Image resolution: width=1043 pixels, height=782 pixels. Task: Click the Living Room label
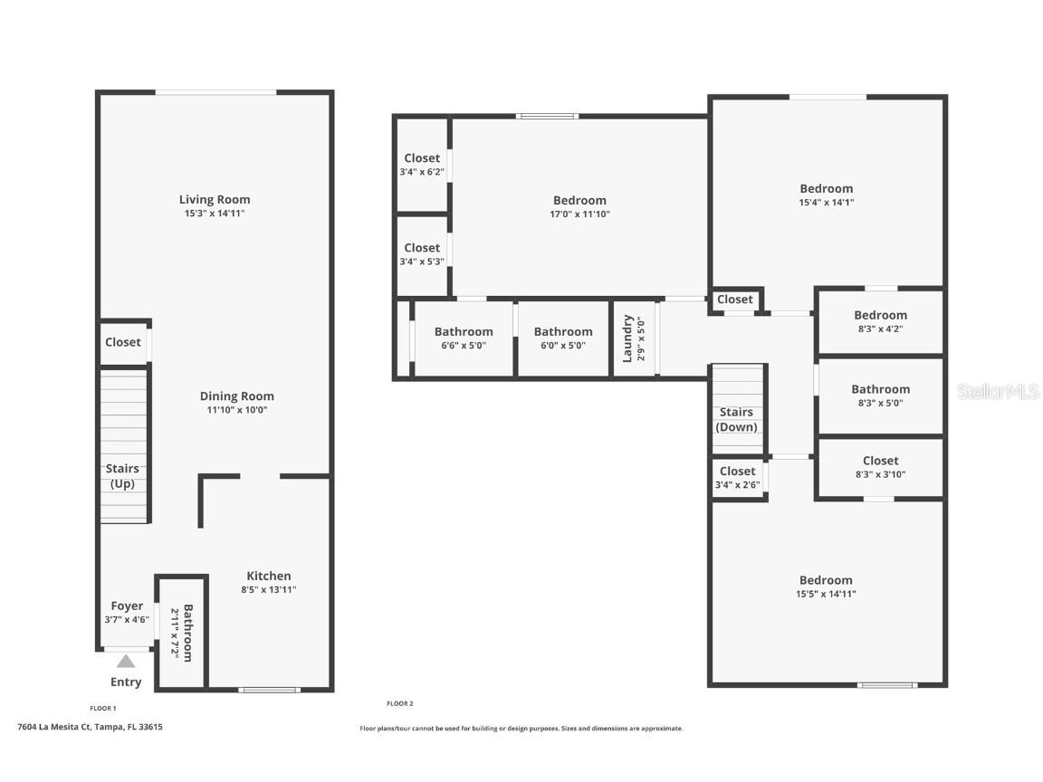pyautogui.click(x=215, y=199)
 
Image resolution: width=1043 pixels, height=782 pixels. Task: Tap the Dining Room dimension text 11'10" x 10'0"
pyautogui.click(x=237, y=410)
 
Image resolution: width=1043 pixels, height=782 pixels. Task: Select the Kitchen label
pyautogui.click(x=269, y=576)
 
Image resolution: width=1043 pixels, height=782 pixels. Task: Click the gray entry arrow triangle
pyautogui.click(x=126, y=661)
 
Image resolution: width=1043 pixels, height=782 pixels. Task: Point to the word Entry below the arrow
pyautogui.click(x=126, y=682)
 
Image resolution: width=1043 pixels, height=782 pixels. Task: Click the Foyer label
pyautogui.click(x=127, y=606)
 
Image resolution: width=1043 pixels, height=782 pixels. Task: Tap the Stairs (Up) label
pyautogui.click(x=122, y=476)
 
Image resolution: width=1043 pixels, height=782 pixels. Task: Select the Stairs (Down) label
pyautogui.click(x=736, y=420)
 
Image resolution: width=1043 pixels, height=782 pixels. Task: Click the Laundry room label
pyautogui.click(x=627, y=339)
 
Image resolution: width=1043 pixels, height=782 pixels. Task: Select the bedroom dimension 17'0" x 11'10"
pyautogui.click(x=579, y=215)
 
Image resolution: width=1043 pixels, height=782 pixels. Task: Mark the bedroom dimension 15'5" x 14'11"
pyautogui.click(x=826, y=595)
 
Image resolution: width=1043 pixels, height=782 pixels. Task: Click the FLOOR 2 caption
pyautogui.click(x=400, y=703)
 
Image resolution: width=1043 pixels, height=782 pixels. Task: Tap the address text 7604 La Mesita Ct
pyautogui.click(x=54, y=727)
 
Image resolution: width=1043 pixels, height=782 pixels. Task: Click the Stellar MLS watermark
pyautogui.click(x=998, y=392)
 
